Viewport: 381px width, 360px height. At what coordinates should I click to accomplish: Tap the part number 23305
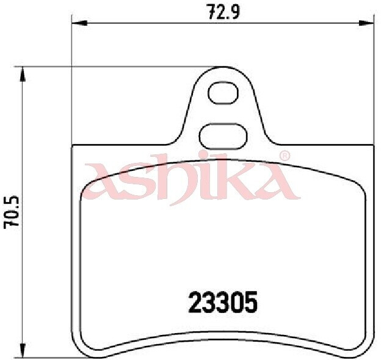click(x=223, y=303)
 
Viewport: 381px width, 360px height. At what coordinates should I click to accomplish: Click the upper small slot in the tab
click(x=223, y=93)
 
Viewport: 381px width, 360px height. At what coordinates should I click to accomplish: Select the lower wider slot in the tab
click(x=223, y=136)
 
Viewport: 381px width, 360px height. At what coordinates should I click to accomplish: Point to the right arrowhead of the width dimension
click(x=366, y=23)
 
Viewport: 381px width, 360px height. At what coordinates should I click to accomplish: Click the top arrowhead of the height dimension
click(x=23, y=74)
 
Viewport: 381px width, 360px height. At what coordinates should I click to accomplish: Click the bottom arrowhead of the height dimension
click(x=23, y=350)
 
